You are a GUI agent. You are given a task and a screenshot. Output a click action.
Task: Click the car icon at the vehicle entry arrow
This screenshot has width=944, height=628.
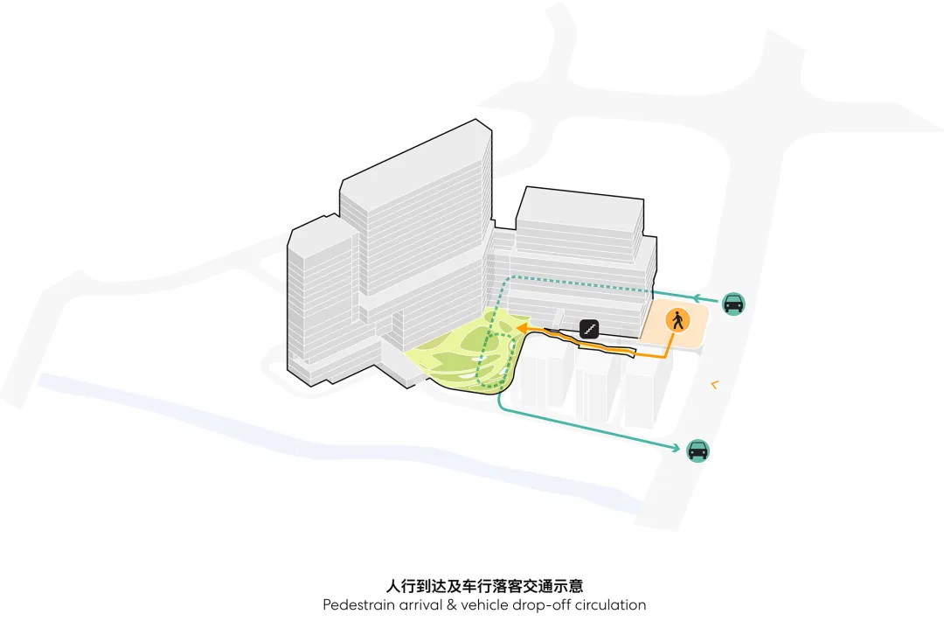[732, 304]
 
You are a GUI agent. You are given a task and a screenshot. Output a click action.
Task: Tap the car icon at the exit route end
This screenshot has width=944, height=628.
[698, 450]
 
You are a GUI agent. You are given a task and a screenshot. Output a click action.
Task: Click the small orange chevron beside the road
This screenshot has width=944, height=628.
[714, 383]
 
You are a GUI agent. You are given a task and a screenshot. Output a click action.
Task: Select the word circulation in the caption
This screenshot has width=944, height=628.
[602, 604]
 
